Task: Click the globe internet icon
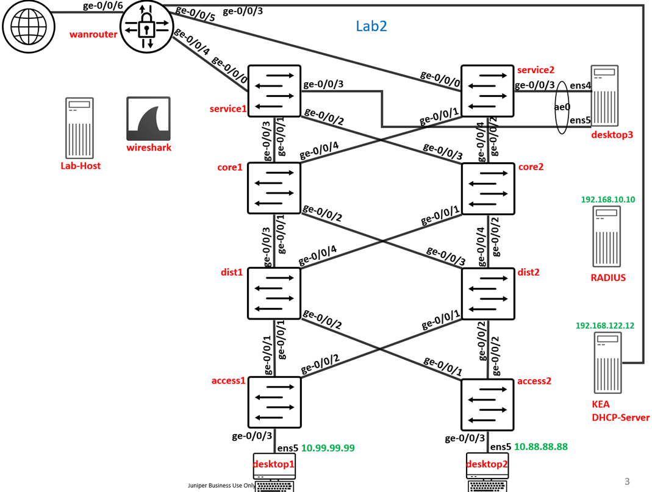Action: coord(25,26)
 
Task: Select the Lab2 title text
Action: coord(371,26)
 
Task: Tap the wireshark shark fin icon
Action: coord(148,119)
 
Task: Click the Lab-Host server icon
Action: coord(80,128)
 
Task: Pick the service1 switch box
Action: coord(274,91)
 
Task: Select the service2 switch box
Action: coord(487,91)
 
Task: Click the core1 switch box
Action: coord(274,188)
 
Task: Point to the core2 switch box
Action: coord(488,188)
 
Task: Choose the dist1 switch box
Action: coord(274,293)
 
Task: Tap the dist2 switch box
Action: coord(488,293)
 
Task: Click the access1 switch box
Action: coord(274,402)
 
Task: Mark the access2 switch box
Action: coord(487,404)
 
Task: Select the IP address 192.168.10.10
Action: coord(607,199)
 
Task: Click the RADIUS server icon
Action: coord(607,237)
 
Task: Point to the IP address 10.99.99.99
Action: coord(328,448)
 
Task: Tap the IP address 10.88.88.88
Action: coord(540,447)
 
